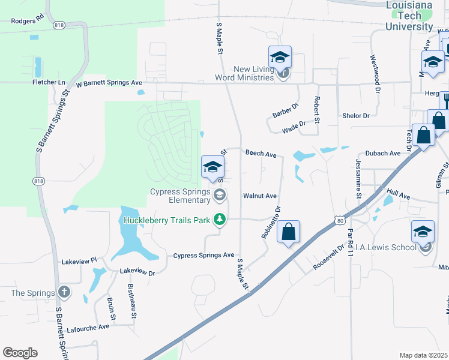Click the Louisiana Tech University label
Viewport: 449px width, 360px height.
(409, 16)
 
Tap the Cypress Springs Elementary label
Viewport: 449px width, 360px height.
(180, 196)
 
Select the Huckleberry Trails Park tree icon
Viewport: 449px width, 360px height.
(220, 220)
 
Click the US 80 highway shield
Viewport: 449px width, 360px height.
(340, 221)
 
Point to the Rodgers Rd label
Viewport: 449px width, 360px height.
(28, 20)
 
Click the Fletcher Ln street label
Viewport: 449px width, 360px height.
(48, 82)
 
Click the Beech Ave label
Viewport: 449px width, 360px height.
(261, 154)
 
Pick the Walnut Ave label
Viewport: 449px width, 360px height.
(260, 196)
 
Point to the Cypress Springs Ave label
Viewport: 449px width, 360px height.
(203, 255)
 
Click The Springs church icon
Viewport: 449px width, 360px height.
(64, 293)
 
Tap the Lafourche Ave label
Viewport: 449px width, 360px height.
(88, 326)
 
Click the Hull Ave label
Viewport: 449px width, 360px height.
(398, 195)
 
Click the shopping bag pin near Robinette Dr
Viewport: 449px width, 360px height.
(289, 232)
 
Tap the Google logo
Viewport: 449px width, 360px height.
(20, 353)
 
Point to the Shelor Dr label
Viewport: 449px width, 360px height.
(356, 115)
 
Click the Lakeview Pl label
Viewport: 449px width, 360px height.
(79, 262)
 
